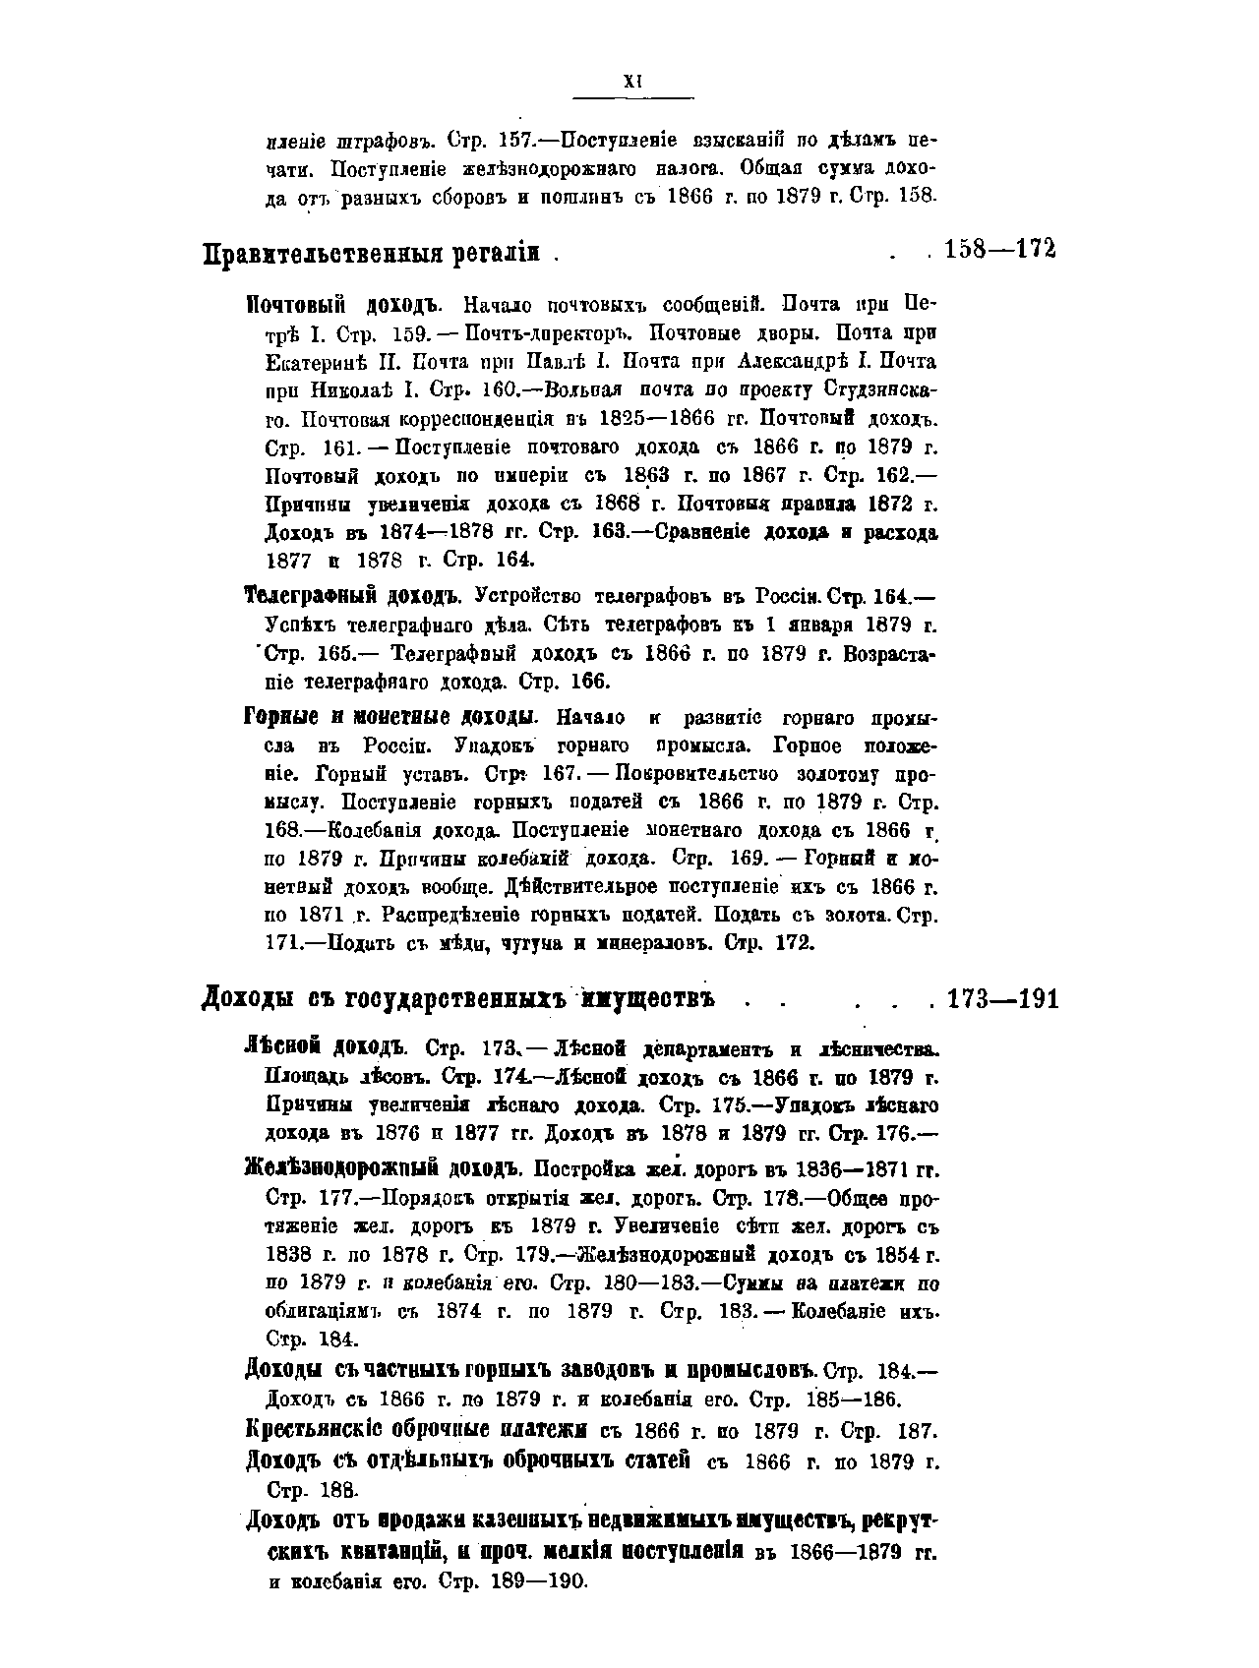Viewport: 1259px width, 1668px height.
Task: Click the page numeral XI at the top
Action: (x=632, y=84)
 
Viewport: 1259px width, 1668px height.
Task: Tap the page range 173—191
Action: (x=1002, y=1000)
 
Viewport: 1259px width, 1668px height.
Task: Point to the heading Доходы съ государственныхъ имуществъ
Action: (x=457, y=999)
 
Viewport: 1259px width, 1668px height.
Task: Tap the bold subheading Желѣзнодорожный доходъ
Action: (x=381, y=1170)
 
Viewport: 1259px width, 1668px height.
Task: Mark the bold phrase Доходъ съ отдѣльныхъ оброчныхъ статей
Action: (x=467, y=1459)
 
